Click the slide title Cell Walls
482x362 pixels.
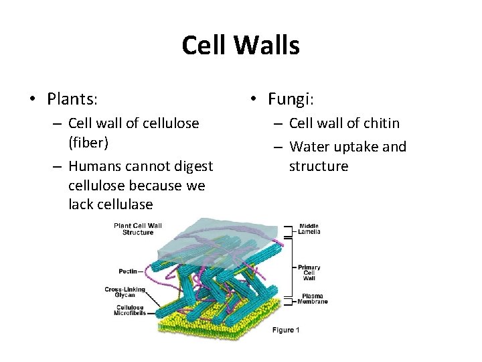pyautogui.click(x=240, y=46)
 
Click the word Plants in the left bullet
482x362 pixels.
pyautogui.click(x=72, y=99)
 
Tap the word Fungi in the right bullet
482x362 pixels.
pyautogui.click(x=291, y=99)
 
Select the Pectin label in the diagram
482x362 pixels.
pyautogui.click(x=128, y=271)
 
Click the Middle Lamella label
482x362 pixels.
pyautogui.click(x=309, y=229)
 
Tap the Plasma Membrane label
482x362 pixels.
pyautogui.click(x=313, y=299)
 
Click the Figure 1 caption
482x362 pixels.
pyautogui.click(x=286, y=329)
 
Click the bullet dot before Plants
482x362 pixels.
pyautogui.click(x=32, y=100)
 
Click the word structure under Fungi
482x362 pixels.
pyautogui.click(x=319, y=166)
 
